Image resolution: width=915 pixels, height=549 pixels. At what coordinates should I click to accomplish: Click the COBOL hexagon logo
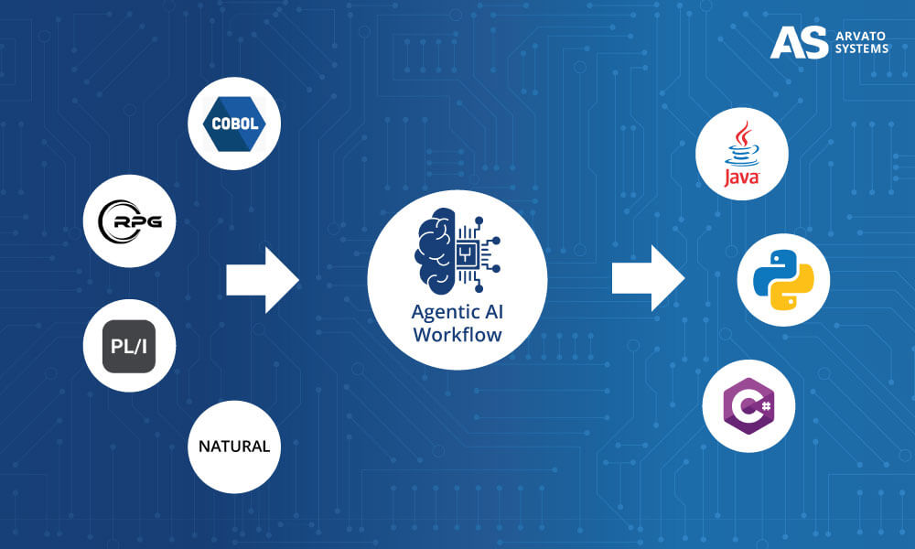pos(233,123)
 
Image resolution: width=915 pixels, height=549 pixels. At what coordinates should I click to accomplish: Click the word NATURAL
pos(234,447)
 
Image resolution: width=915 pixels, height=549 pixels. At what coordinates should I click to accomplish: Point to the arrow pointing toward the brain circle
pos(262,280)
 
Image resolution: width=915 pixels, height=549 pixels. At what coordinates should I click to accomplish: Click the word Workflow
pos(457,334)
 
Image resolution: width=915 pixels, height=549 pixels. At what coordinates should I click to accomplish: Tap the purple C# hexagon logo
pos(748,405)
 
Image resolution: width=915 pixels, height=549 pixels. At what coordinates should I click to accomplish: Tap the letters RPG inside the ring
pos(135,221)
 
